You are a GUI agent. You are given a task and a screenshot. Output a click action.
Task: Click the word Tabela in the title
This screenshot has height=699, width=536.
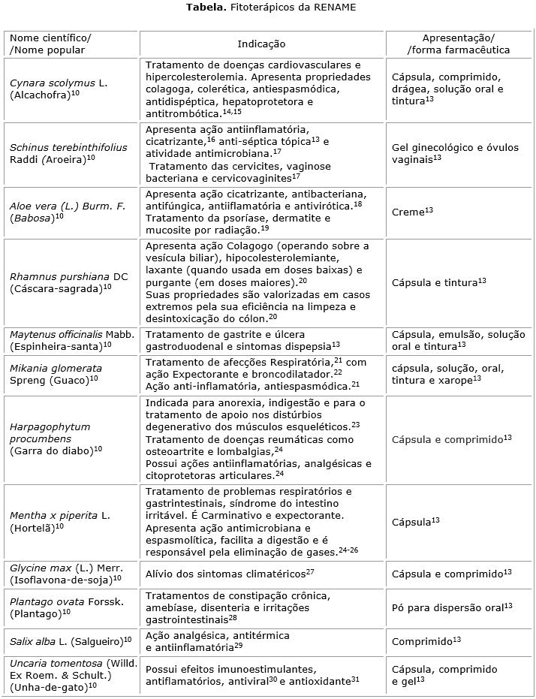click(x=203, y=8)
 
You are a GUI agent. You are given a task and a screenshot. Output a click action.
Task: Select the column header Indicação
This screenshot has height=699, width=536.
click(x=261, y=44)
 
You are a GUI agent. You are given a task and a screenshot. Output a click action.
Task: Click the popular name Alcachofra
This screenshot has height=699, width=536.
click(x=43, y=95)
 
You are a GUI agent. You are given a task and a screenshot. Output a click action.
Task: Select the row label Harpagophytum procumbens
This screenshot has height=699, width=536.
click(x=50, y=432)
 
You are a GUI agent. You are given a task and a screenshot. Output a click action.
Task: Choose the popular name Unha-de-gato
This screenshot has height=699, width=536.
click(x=48, y=685)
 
